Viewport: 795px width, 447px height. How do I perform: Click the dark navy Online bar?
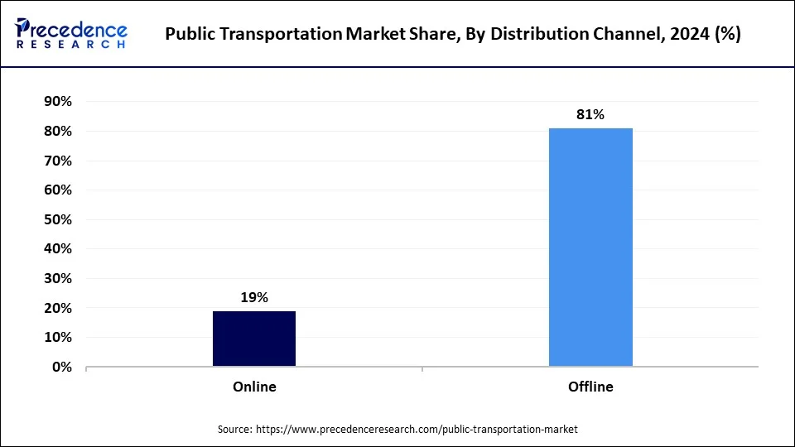point(254,339)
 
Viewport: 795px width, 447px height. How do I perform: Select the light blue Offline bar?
point(590,248)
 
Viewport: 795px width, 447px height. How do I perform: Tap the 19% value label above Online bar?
point(254,298)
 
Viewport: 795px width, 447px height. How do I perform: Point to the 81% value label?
point(590,115)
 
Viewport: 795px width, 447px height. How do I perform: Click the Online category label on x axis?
point(254,387)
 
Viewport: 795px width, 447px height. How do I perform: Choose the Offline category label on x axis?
point(590,387)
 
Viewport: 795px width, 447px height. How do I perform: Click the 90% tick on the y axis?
point(57,102)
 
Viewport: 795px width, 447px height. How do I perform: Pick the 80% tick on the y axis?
point(57,131)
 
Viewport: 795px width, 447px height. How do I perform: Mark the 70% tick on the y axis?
point(57,161)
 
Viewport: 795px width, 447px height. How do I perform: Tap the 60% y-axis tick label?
point(57,190)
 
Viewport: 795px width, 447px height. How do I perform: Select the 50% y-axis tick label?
point(57,219)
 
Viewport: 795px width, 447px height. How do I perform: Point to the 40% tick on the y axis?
point(57,248)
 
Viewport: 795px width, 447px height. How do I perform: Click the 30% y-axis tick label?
point(57,278)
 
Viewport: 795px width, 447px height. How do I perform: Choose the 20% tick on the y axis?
point(57,308)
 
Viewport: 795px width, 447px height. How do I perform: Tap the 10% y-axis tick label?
point(57,337)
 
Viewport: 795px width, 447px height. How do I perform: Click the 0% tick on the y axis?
point(61,367)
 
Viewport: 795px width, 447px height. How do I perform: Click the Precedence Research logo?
point(71,34)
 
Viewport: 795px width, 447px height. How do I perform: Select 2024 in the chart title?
point(691,35)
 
